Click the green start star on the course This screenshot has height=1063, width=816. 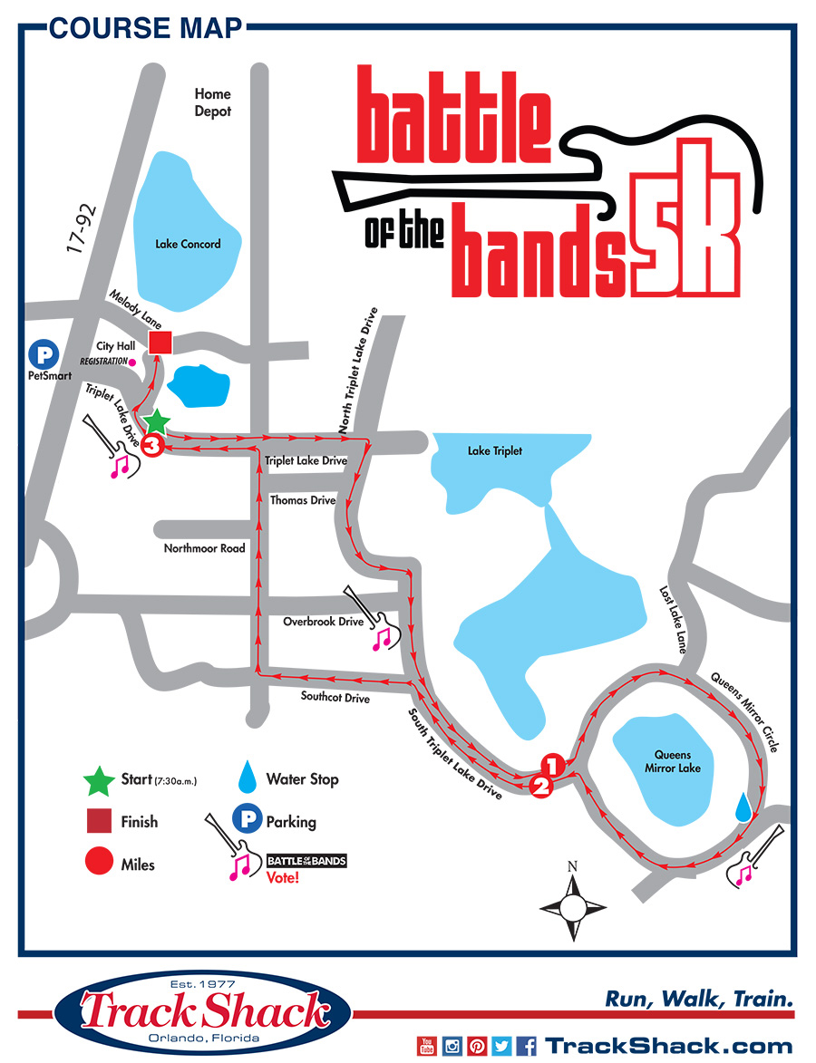(157, 421)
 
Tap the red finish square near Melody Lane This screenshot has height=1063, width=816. (160, 343)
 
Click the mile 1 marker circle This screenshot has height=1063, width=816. (553, 764)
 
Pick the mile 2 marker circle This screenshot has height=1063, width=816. (540, 786)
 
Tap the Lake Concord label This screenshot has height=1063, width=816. (188, 244)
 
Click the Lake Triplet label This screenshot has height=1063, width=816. (494, 450)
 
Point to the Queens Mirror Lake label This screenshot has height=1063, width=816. (672, 762)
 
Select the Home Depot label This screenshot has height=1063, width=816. (213, 102)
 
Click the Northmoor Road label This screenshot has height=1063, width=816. (204, 548)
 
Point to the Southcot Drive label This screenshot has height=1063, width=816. (336, 697)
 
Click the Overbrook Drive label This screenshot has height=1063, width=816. (323, 622)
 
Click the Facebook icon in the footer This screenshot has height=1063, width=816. (528, 1046)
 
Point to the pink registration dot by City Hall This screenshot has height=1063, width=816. (133, 362)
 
